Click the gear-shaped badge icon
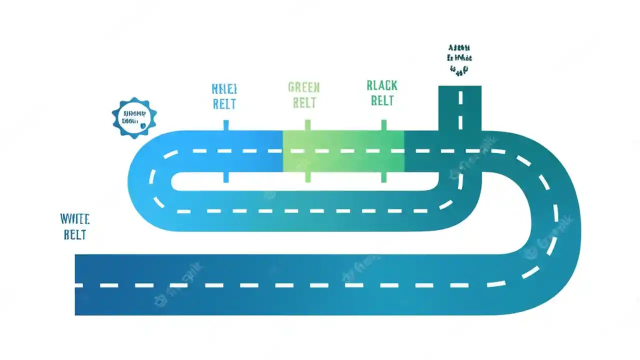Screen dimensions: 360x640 (x=134, y=118)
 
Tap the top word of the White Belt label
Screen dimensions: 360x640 (x=74, y=219)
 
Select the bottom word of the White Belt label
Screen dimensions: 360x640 (x=75, y=234)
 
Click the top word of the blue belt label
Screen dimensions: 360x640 (x=224, y=89)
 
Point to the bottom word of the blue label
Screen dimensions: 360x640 (x=224, y=104)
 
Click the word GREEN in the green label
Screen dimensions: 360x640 (x=304, y=88)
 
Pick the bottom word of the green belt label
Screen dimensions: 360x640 (x=304, y=103)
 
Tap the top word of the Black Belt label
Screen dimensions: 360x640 (x=382, y=85)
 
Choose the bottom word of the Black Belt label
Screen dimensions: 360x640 (x=382, y=101)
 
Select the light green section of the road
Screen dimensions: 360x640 (x=343, y=151)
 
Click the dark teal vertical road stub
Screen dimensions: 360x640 (x=460, y=108)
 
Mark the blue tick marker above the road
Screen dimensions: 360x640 (x=226, y=125)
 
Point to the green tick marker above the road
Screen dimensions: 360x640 (x=307, y=125)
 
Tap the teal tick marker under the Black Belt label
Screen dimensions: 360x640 (x=383, y=125)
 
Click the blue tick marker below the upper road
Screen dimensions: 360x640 (x=226, y=177)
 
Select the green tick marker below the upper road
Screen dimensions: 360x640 (x=307, y=177)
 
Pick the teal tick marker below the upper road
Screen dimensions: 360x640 (x=383, y=177)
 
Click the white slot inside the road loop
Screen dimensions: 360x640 (x=305, y=181)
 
